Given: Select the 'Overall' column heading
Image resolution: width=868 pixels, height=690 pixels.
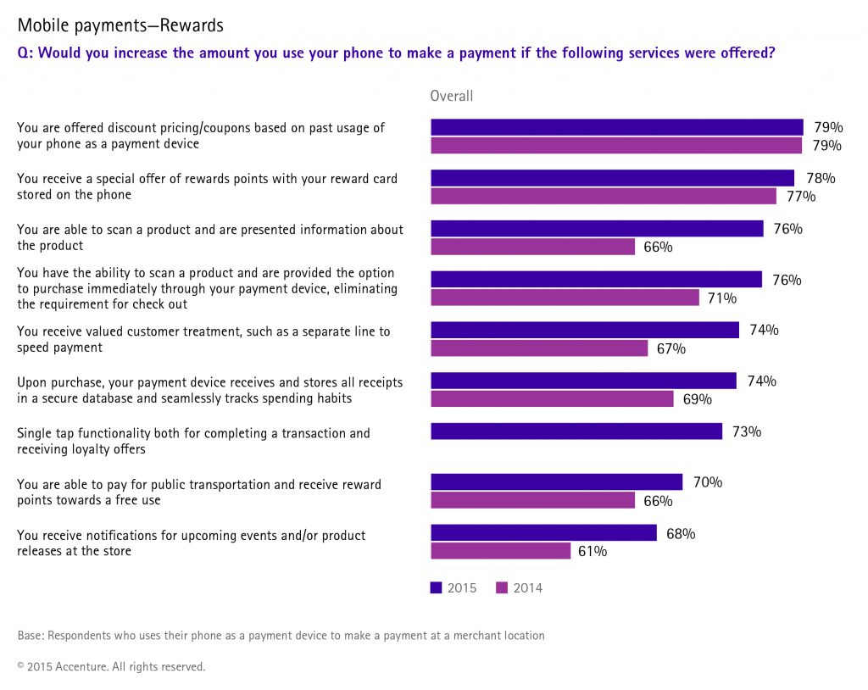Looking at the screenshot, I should pos(452,96).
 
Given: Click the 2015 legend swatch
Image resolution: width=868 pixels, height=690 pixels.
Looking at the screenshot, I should pos(436,587).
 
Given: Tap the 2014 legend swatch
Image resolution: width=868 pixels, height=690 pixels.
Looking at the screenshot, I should pos(501,587).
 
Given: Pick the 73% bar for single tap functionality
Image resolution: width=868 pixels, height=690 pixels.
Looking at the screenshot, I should pos(576,431).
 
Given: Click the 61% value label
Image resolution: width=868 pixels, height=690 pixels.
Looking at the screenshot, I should pos(593,551).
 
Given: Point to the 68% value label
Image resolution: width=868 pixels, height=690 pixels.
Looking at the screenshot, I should pos(681,533).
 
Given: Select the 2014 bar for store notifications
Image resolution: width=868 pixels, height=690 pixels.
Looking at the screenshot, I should pos(500,551).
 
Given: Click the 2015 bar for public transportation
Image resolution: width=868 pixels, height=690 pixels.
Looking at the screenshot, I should pos(556,482).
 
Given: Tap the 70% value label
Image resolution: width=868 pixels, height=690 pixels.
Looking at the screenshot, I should pos(708,482).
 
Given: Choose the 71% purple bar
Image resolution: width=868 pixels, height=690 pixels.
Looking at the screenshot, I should pos(565,298).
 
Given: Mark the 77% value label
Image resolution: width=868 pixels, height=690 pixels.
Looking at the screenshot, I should pos(801,197).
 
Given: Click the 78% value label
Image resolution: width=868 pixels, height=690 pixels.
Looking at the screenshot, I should pos(821,178).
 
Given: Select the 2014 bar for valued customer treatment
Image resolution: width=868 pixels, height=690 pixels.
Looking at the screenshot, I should pos(539,348).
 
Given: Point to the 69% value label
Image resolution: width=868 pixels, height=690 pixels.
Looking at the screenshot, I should pos(698,399).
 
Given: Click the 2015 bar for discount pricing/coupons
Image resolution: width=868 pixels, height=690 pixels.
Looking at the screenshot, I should pos(616,127).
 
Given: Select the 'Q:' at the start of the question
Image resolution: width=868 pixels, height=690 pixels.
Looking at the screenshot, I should pos(25,53).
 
